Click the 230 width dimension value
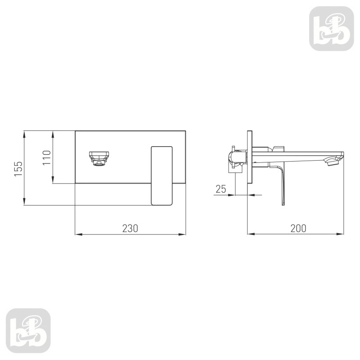pos(130,228)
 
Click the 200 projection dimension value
pos(298,228)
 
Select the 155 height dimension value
pos(18,169)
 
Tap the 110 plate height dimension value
pos(47,157)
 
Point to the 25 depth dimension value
pos(221,189)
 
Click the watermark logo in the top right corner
pos(332,28)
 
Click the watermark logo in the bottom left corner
pos(28,331)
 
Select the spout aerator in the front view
pos(99,158)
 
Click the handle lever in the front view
pos(162,175)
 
